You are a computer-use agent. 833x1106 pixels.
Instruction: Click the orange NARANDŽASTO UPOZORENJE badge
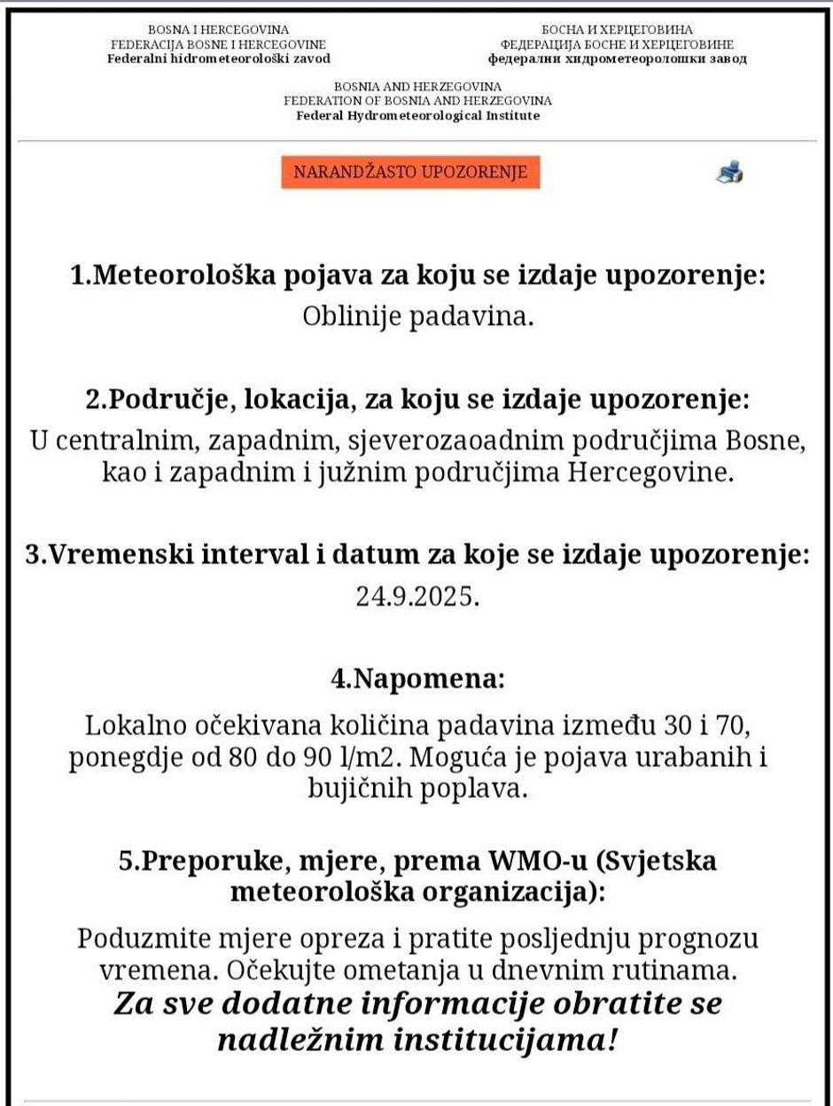pos(410,172)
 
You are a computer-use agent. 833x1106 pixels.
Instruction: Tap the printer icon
pos(728,172)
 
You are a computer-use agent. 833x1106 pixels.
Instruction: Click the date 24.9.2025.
pos(417,596)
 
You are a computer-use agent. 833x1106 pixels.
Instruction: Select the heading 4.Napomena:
pos(417,679)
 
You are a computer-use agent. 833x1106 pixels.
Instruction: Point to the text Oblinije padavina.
pos(418,316)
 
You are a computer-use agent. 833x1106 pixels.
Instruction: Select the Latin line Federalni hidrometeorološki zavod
pos(219,58)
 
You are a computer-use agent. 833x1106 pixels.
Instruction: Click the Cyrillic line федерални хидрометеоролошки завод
pos(617,58)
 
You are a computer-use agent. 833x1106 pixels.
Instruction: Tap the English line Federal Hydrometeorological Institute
pos(417,115)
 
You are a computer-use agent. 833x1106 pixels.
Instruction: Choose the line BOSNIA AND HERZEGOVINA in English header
pos(417,87)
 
